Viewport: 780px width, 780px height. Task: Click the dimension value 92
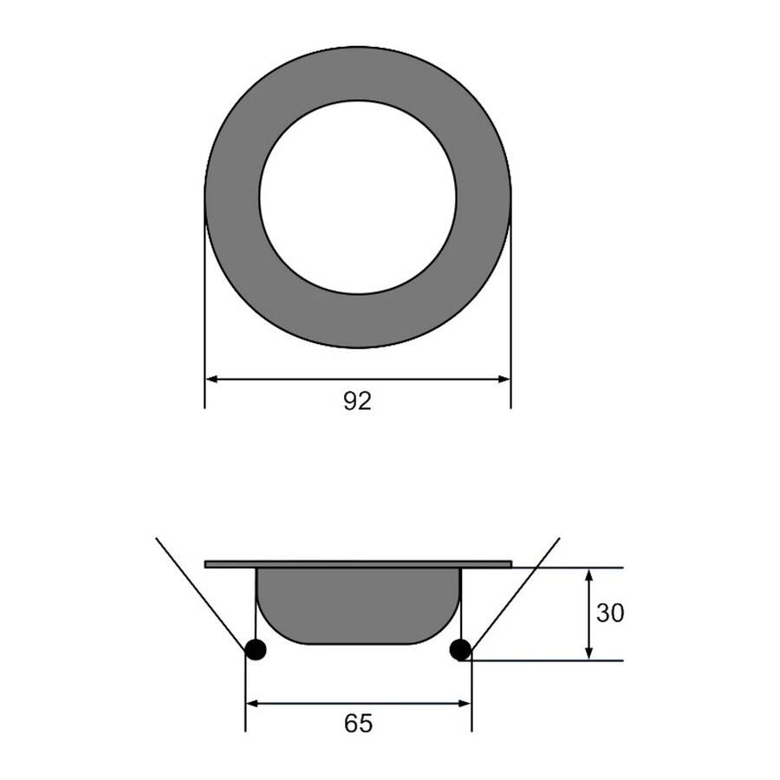357,401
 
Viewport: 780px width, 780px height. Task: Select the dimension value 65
358,724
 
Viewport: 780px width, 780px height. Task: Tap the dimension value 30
610,614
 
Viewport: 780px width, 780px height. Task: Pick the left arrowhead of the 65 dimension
253,704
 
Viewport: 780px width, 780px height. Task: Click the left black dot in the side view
256,649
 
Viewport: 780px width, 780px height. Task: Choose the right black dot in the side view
461,649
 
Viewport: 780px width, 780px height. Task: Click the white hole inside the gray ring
357,198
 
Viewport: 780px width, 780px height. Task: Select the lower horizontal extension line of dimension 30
555,660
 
